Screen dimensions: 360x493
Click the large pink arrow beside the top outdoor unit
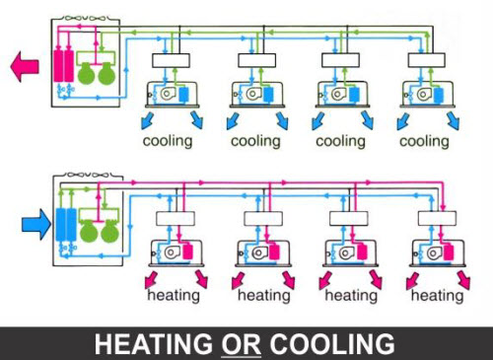coord(24,66)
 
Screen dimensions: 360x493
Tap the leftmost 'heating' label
coord(176,295)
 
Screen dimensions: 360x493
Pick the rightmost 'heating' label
coord(435,295)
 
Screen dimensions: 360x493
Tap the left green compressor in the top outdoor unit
coord(88,75)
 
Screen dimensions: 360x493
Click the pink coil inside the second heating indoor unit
coord(277,251)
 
